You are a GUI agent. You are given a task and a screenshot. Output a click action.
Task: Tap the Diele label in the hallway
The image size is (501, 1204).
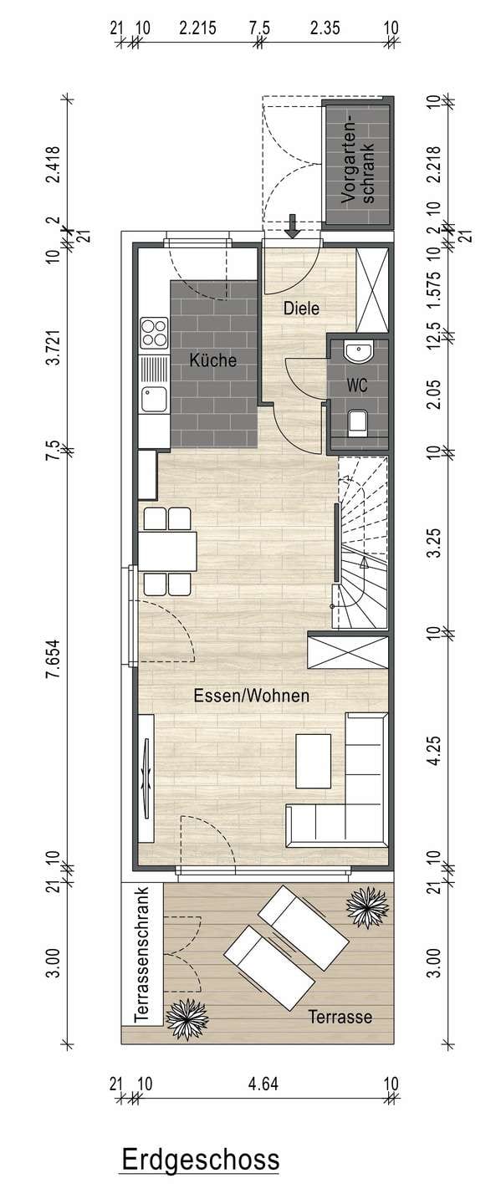(x=301, y=308)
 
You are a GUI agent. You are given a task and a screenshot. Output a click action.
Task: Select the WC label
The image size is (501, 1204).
(x=357, y=385)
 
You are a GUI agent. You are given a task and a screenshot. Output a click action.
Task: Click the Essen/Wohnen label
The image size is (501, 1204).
(x=252, y=696)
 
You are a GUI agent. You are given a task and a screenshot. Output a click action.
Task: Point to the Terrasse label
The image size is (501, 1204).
(x=340, y=1017)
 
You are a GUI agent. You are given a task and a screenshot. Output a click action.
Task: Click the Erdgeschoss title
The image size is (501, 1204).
(x=201, y=1160)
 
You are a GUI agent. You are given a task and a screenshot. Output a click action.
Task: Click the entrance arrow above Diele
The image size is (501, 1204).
(x=292, y=226)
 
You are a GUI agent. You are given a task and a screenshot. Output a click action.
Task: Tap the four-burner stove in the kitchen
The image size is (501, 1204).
(x=154, y=332)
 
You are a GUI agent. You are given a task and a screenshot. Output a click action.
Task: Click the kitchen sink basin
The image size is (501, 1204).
(x=154, y=400)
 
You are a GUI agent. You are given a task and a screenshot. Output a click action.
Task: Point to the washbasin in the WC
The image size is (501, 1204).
(x=358, y=352)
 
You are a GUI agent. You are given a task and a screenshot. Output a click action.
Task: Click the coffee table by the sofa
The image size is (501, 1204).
(x=314, y=761)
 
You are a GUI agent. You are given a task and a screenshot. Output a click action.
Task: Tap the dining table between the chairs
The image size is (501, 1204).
(x=168, y=551)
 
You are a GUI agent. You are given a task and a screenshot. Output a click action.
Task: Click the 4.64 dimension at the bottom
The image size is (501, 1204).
(x=263, y=1083)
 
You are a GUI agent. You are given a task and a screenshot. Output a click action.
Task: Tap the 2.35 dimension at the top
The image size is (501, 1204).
(x=325, y=28)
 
